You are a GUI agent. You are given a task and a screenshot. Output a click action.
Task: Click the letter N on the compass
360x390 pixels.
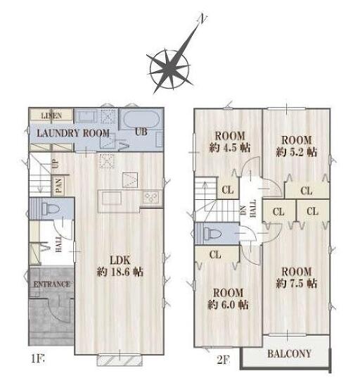coord(203,19)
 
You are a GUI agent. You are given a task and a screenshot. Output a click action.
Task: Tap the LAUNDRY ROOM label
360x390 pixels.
coord(73,133)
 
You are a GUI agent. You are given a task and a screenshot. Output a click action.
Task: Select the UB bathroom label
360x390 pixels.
coord(141,132)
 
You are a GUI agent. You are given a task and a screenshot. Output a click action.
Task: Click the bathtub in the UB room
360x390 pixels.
coord(141,119)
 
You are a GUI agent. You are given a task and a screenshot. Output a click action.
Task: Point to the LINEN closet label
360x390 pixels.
coord(51,115)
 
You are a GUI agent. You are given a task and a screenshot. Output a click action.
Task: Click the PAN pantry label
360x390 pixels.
coord(58,186)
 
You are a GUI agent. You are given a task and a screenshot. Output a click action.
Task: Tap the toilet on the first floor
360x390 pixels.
coord(50,208)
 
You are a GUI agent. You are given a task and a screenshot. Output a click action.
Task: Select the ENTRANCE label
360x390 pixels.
coord(51,284)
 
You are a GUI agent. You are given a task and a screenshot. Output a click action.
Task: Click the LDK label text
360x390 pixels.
coord(120,260)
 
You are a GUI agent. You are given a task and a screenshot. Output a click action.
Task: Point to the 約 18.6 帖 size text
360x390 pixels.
coord(120,272)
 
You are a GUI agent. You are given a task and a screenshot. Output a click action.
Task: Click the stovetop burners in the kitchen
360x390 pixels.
coord(150,197)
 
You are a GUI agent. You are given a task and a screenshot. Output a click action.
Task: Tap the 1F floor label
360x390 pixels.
coord(37,359)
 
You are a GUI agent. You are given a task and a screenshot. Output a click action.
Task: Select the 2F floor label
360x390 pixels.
coord(223,360)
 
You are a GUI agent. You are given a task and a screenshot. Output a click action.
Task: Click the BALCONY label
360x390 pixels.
coord(289,353)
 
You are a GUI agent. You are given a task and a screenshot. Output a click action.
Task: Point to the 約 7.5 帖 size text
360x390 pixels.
coord(297,283)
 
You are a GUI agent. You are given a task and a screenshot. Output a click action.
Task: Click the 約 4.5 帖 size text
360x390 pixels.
coord(229,148)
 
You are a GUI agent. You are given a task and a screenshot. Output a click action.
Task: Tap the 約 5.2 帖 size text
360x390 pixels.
coord(297,152)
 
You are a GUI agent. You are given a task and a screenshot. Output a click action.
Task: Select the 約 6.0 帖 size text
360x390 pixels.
coord(228,304)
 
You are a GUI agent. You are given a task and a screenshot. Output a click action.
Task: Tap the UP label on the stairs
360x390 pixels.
coord(56,163)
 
